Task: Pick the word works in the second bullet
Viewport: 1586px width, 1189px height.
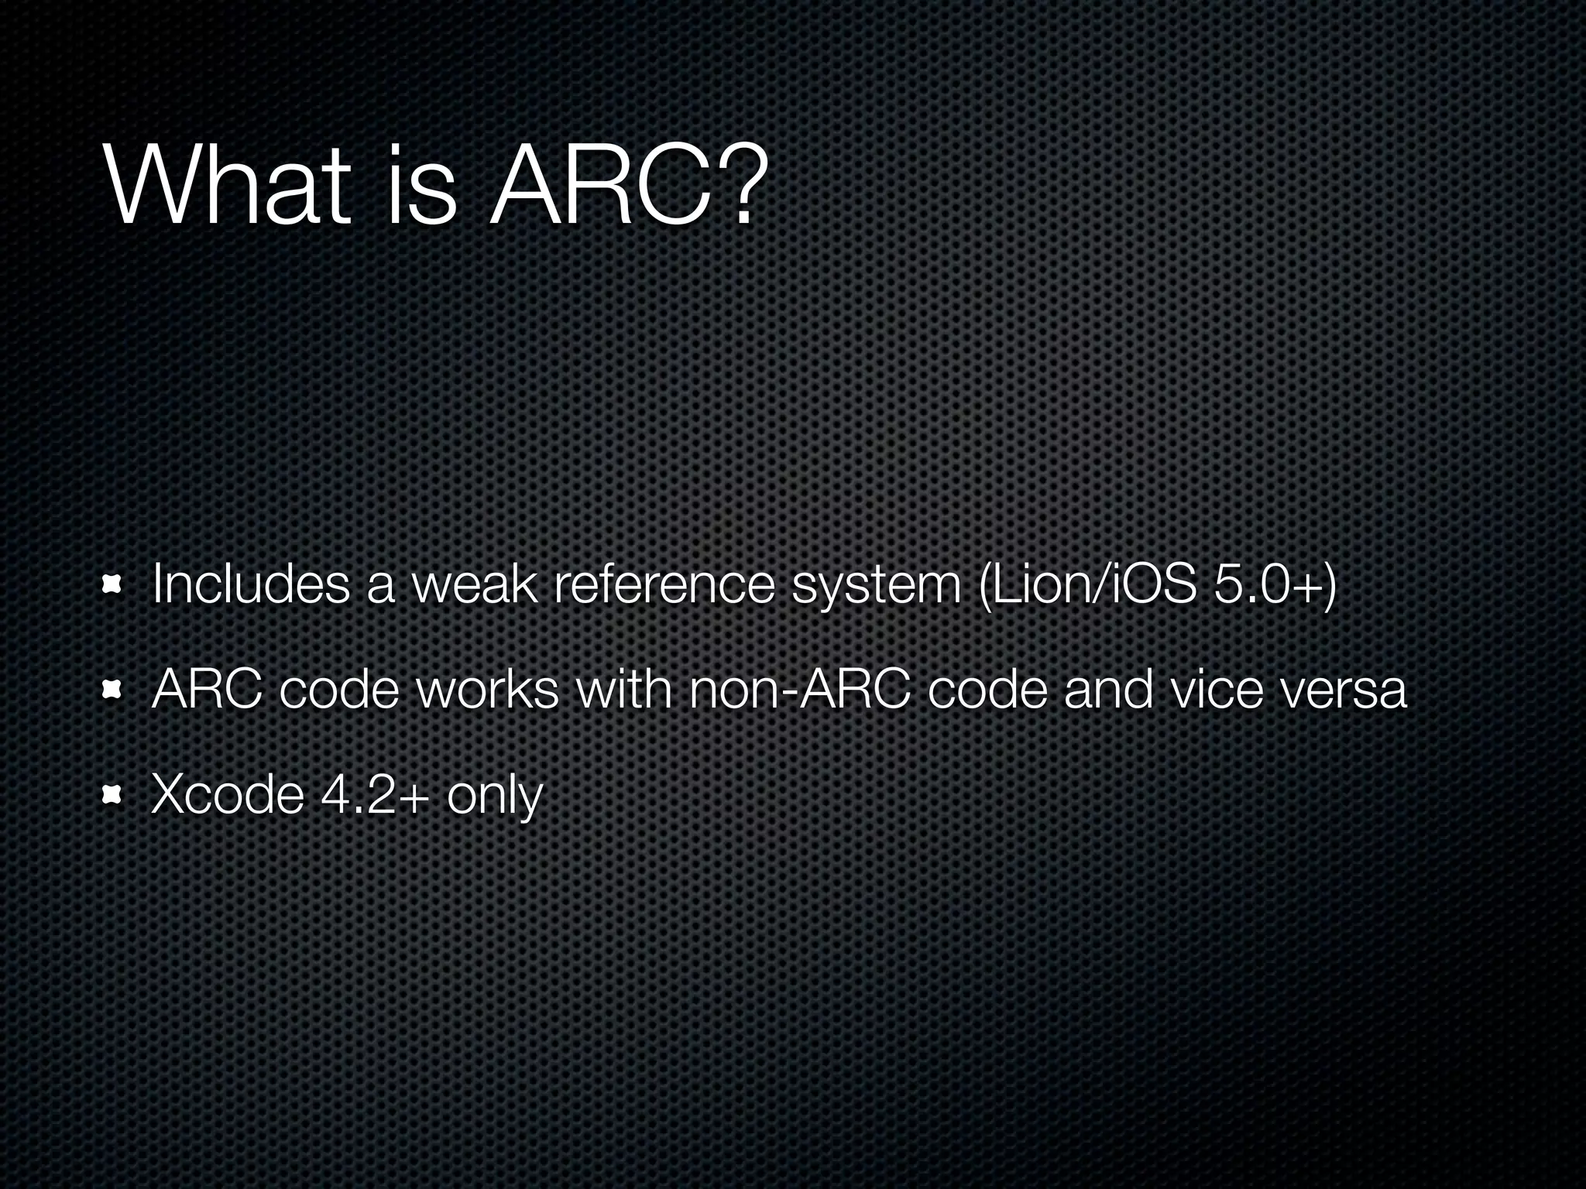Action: (488, 689)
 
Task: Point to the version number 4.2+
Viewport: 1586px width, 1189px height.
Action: (375, 794)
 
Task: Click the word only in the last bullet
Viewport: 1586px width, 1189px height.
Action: (495, 796)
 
